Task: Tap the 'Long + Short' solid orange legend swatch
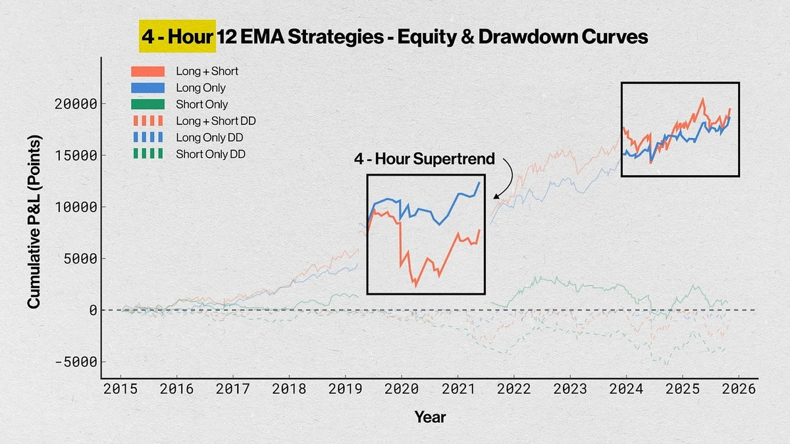coord(148,71)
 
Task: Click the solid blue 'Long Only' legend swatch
coord(148,87)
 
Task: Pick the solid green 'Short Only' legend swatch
coord(148,104)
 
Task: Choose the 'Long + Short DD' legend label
coord(216,121)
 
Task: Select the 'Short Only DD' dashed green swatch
coord(148,155)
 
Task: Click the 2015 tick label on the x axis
coord(120,389)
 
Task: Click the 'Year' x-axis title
coord(430,417)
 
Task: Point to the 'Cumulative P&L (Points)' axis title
coord(34,222)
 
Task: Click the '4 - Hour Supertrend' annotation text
coord(426,160)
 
